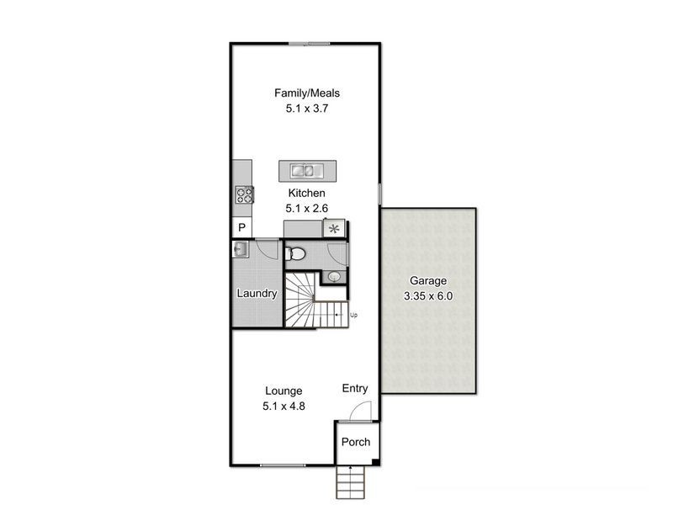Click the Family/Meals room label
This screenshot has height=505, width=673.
(306, 93)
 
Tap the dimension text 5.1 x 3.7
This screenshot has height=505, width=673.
(306, 108)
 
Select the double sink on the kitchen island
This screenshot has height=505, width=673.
(308, 171)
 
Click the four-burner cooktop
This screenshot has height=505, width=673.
(245, 195)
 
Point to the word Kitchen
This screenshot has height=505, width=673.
(306, 193)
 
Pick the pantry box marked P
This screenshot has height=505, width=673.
(241, 228)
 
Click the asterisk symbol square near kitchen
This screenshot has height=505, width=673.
(336, 227)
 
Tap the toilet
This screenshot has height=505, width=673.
(295, 253)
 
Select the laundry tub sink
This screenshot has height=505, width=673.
(240, 250)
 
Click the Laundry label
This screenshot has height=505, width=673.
(257, 294)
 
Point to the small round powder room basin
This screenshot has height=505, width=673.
(334, 276)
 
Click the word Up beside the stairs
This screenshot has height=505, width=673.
(354, 315)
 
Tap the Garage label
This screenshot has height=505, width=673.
(428, 281)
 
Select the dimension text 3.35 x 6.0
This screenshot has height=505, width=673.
(428, 296)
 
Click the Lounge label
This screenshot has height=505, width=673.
(284, 391)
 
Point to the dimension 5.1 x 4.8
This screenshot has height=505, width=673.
(284, 406)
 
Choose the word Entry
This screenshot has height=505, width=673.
(355, 388)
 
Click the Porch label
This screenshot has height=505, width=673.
(355, 442)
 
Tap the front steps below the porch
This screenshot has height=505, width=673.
(350, 483)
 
